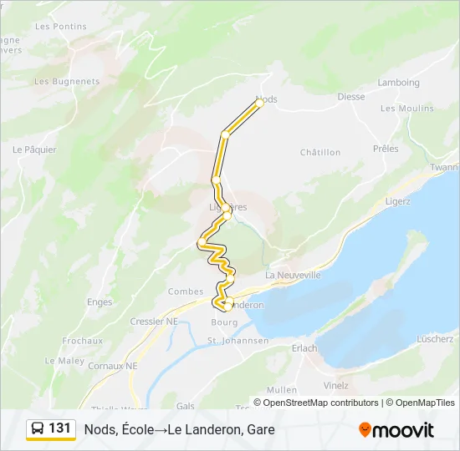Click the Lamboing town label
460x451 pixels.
click(x=398, y=83)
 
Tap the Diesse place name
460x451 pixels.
click(x=351, y=97)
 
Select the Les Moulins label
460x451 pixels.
click(x=406, y=109)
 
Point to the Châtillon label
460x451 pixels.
click(x=320, y=153)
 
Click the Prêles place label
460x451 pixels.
click(x=386, y=149)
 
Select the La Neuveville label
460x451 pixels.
click(x=293, y=275)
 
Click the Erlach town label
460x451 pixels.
click(x=304, y=348)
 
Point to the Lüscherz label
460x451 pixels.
click(x=435, y=339)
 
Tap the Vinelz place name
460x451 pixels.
click(x=335, y=386)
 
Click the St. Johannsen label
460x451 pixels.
click(x=238, y=341)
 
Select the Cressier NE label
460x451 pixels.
click(x=154, y=321)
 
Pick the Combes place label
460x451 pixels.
click(x=186, y=291)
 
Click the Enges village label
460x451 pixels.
click(x=100, y=302)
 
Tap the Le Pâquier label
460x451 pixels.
click(x=34, y=150)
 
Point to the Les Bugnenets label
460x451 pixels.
click(x=67, y=82)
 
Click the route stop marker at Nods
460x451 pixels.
click(x=259, y=103)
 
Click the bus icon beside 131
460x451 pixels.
click(x=38, y=428)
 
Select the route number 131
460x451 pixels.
click(x=60, y=428)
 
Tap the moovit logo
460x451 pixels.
click(x=396, y=430)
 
